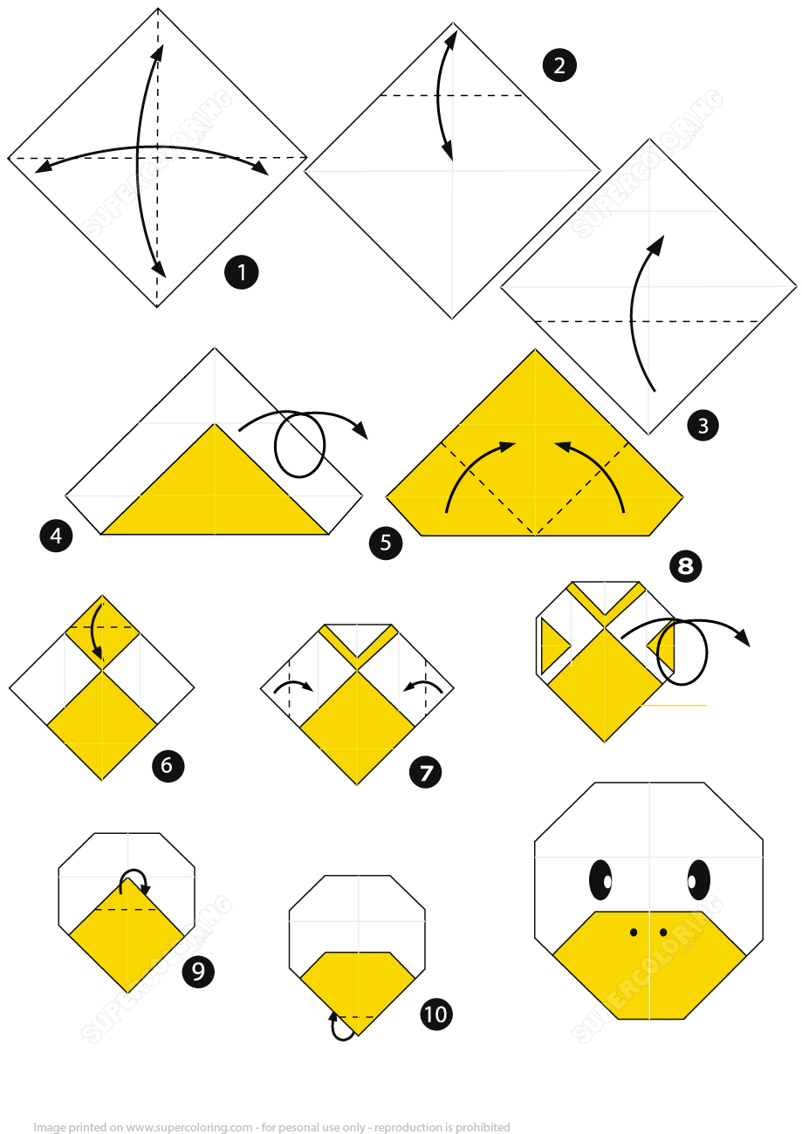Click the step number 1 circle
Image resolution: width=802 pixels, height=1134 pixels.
[x=242, y=272]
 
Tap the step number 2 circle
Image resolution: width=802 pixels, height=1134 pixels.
[x=559, y=66]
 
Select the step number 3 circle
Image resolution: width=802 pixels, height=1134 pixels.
[x=703, y=426]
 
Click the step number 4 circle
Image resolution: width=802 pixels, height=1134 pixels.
[x=56, y=535]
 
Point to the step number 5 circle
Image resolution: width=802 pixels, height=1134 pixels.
[x=386, y=543]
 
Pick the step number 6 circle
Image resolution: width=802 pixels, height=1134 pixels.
[x=168, y=766]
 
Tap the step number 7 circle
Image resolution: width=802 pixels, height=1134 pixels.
[x=426, y=772]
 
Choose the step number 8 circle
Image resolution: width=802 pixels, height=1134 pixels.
[x=685, y=567]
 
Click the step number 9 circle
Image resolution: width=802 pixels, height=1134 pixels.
[x=198, y=971]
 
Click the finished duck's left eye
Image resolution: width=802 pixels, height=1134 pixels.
[x=601, y=879]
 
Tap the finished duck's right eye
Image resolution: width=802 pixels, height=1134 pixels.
[x=698, y=879]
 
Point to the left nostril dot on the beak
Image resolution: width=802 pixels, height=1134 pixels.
[x=634, y=932]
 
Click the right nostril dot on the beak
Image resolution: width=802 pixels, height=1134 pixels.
[x=663, y=932]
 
